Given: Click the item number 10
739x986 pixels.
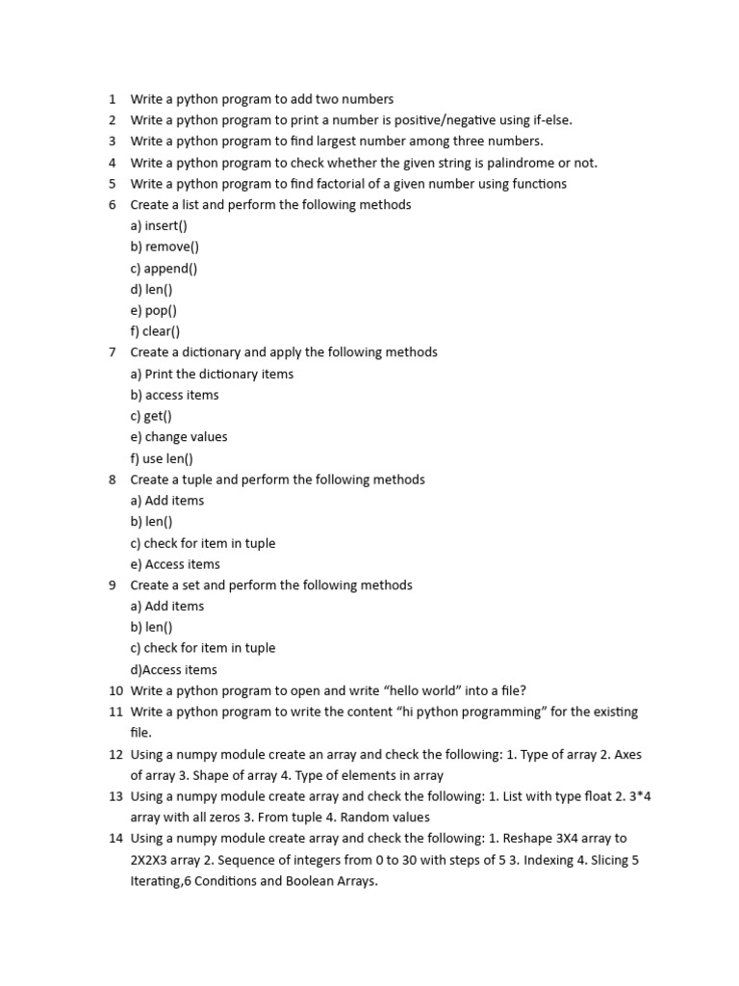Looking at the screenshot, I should tap(115, 691).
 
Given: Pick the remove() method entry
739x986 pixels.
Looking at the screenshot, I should tap(165, 247).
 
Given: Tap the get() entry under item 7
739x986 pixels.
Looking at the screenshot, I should tap(151, 416).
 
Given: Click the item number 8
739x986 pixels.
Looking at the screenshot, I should tap(113, 480).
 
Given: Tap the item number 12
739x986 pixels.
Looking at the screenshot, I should tap(115, 755).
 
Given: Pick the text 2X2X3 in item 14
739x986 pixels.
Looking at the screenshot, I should tap(151, 860).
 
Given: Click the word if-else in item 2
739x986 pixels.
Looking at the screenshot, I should tap(549, 120).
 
